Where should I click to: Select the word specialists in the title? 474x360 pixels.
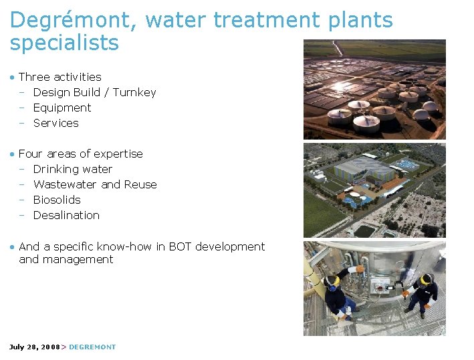tap(64, 43)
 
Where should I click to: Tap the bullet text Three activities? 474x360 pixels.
tap(60, 77)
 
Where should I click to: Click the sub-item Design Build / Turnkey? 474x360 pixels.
tap(94, 92)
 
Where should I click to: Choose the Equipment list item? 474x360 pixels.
tap(62, 108)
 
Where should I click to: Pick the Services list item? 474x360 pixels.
tap(56, 123)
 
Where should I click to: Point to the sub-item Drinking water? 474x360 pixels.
tap(73, 169)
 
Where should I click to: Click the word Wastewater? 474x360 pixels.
tap(65, 184)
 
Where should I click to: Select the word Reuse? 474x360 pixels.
tap(141, 184)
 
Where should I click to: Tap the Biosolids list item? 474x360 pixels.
tap(57, 200)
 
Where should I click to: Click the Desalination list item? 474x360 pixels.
tap(66, 215)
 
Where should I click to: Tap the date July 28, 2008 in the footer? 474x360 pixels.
tap(34, 347)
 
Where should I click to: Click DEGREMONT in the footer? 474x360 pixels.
tap(92, 347)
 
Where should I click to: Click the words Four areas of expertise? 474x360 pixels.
tap(81, 154)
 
